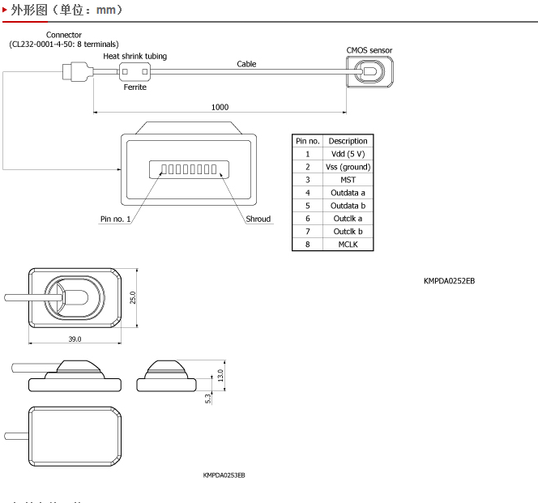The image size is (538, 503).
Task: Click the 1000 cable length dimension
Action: click(x=220, y=107)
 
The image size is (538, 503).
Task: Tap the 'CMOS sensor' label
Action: click(x=369, y=50)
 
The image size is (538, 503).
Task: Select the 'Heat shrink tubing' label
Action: click(x=135, y=56)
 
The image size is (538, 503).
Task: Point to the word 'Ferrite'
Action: click(x=135, y=87)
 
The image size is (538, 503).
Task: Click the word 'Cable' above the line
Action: click(x=246, y=64)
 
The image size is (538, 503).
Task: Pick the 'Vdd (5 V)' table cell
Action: click(x=348, y=154)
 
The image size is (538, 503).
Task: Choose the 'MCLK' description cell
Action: click(x=348, y=245)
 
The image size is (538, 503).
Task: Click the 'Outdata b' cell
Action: click(x=348, y=206)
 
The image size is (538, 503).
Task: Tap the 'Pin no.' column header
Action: click(x=308, y=141)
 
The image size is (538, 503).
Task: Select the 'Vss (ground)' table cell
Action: click(x=348, y=167)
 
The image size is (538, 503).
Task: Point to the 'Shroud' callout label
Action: click(x=258, y=219)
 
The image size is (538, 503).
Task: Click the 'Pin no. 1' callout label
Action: click(x=115, y=219)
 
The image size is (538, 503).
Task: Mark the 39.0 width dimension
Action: click(x=75, y=339)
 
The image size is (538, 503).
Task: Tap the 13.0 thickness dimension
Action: click(x=220, y=375)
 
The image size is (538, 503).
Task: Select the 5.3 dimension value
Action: click(x=208, y=398)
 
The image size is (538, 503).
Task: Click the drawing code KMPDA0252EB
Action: click(x=449, y=281)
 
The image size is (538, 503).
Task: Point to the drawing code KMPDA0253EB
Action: click(x=224, y=475)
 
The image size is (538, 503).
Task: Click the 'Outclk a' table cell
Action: click(x=348, y=219)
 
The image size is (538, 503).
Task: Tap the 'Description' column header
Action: click(x=348, y=141)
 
